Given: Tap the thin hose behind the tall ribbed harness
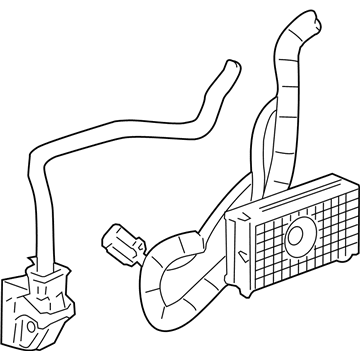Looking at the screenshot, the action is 262,150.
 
